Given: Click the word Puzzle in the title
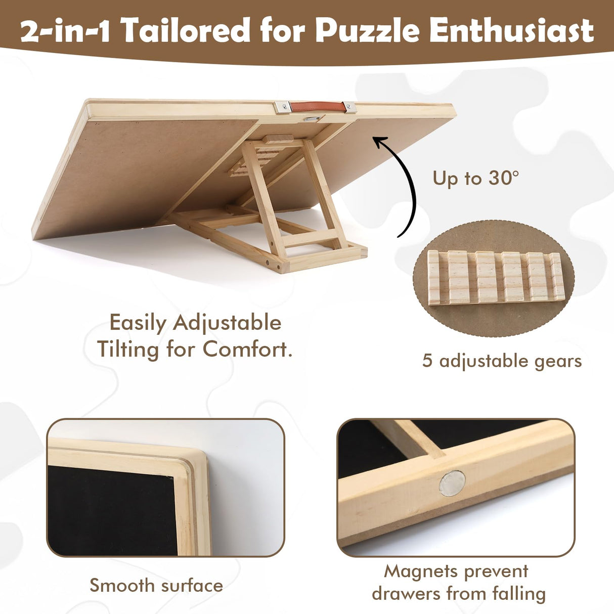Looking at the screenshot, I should click(367, 30).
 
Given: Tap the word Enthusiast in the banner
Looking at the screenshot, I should click(511, 30).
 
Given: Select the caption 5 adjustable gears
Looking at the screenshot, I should click(502, 361).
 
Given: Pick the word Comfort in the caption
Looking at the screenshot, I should click(247, 349).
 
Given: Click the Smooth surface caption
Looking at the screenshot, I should click(156, 585).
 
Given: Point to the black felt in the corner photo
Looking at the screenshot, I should click(111, 511).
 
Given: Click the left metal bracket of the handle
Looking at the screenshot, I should click(283, 107).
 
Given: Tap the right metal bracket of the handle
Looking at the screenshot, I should click(349, 106).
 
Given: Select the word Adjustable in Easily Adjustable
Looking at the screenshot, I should click(227, 323).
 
